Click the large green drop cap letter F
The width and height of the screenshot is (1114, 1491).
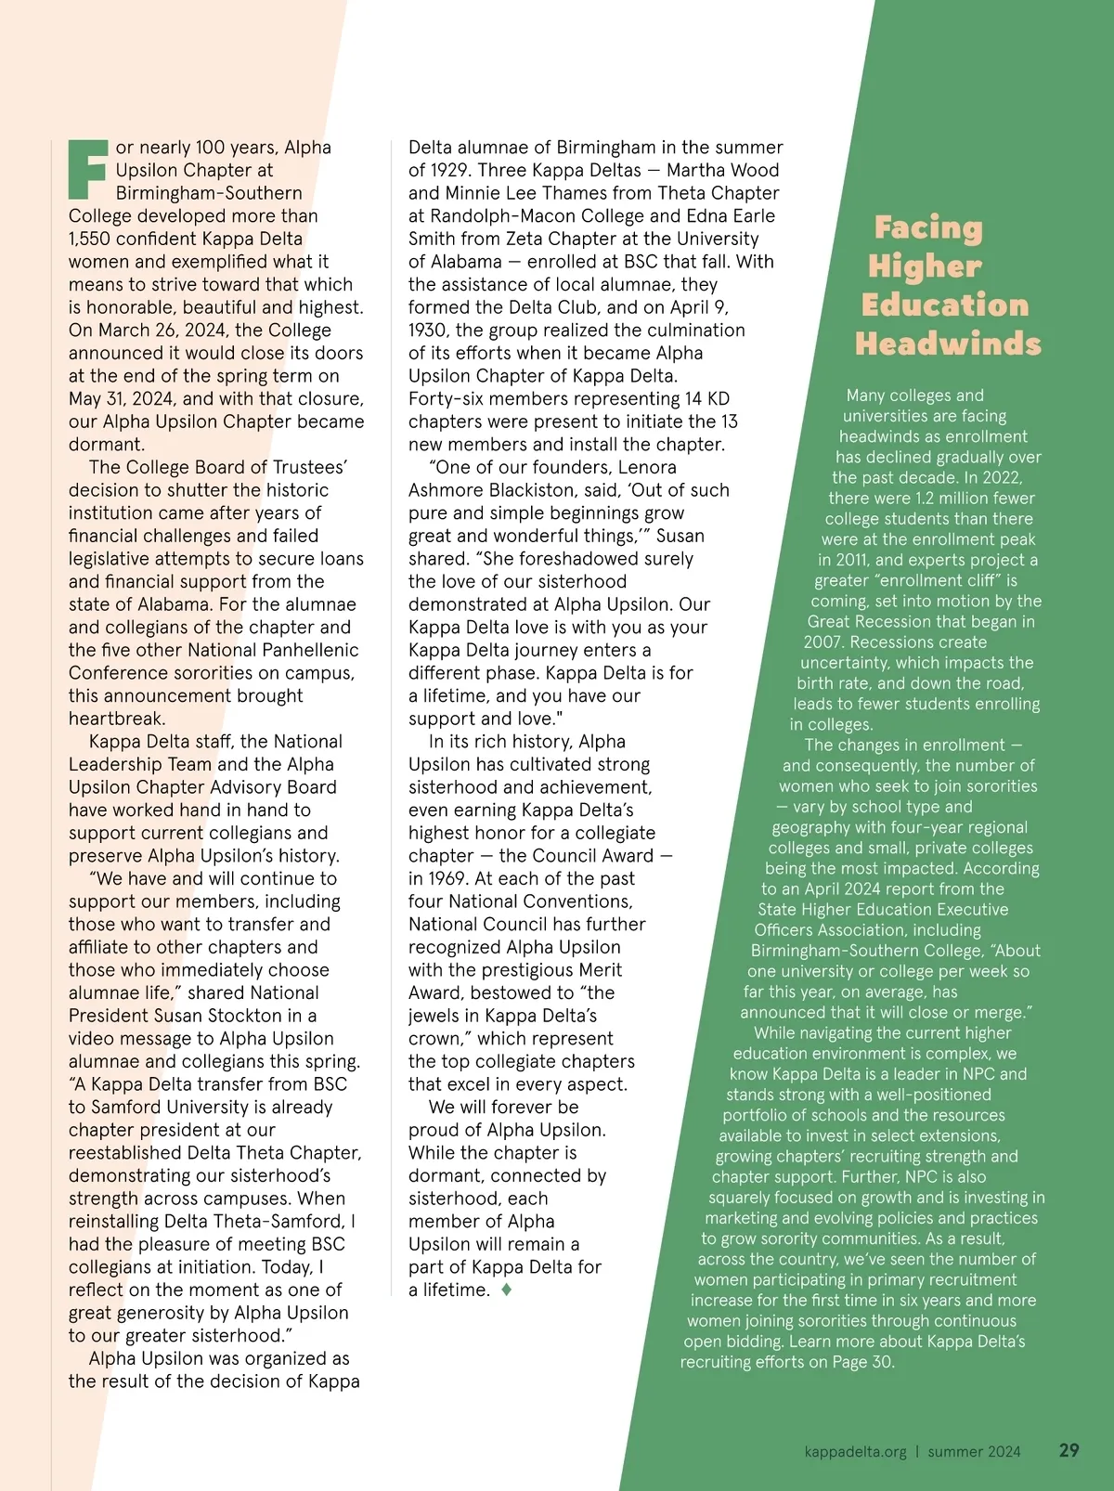click(x=88, y=169)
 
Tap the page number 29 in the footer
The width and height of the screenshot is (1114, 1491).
click(x=1069, y=1450)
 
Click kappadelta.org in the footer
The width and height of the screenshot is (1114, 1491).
click(x=855, y=1451)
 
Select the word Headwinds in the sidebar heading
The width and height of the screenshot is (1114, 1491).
click(x=948, y=344)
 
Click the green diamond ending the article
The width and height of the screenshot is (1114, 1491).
click(x=506, y=1290)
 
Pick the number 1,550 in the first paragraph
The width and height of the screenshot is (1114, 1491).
click(x=90, y=239)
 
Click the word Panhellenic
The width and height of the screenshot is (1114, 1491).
click(x=305, y=650)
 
